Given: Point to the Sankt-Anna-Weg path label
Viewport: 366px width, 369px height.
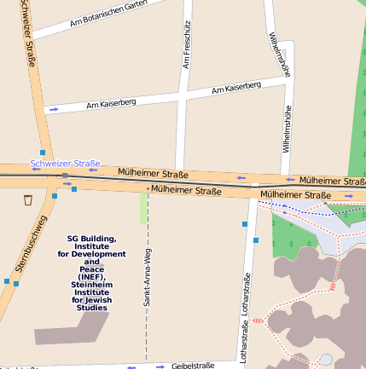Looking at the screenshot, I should click(148, 277).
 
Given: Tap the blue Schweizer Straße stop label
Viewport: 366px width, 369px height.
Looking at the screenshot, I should click(65, 163).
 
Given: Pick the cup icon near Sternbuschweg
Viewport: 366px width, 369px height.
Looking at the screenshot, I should click(28, 200).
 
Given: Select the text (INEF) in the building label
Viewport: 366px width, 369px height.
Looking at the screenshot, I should click(91, 277).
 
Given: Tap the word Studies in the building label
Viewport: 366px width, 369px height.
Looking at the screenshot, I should click(91, 307).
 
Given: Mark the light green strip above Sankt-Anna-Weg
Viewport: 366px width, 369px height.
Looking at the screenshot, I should click(144, 208).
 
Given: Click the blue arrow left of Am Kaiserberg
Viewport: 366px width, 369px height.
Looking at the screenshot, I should click(54, 109).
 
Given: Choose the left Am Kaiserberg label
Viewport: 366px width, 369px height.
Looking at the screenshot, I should click(111, 104).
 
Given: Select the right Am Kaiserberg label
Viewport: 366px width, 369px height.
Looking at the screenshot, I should click(236, 88).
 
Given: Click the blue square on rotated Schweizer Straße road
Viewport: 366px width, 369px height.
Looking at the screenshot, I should click(43, 152).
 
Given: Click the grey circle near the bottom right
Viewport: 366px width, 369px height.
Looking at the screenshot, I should click(326, 360).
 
